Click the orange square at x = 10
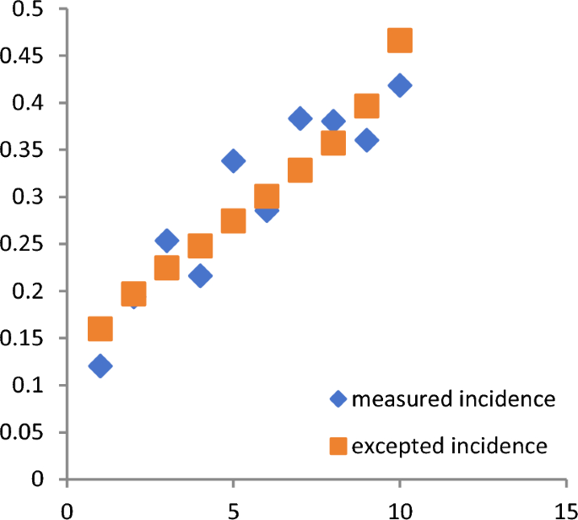coord(400,40)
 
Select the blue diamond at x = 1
coord(100,366)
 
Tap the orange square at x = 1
coord(100,329)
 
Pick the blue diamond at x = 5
coord(234,160)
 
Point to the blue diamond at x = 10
coord(400,85)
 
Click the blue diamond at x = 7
coord(300,118)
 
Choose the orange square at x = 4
coord(200,246)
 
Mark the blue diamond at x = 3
coord(167,241)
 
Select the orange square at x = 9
coord(366,106)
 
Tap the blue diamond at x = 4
coord(200,275)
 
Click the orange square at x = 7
coord(300,171)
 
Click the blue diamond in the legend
coord(339,399)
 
